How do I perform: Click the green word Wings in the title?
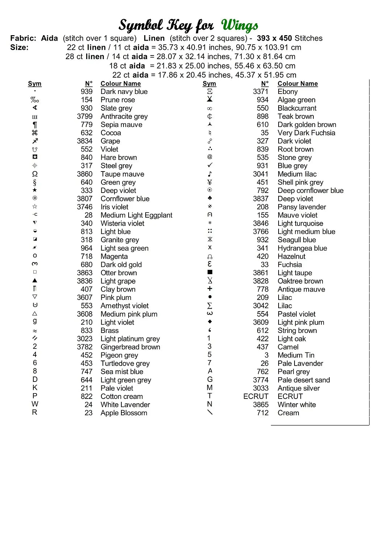tap(239, 25)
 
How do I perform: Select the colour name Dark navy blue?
tap(124, 92)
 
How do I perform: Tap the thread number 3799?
tap(84, 116)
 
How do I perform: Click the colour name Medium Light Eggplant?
tap(136, 215)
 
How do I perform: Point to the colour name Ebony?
tap(288, 92)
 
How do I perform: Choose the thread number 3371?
tap(260, 92)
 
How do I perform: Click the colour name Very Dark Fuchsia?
tap(306, 133)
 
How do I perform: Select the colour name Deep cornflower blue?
tap(310, 191)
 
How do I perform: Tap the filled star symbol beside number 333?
tap(35, 190)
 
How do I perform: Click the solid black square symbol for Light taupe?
tap(210, 272)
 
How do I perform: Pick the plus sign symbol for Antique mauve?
tap(210, 289)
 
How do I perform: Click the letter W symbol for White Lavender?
tap(35, 404)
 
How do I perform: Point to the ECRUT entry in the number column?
tap(256, 396)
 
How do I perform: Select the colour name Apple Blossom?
tap(124, 413)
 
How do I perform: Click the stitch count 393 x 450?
tap(274, 38)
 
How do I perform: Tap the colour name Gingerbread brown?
tap(130, 347)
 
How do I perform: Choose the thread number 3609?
tap(260, 322)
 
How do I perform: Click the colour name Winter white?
tap(297, 405)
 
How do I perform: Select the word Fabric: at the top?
tap(23, 38)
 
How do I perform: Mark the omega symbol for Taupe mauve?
tap(35, 174)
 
